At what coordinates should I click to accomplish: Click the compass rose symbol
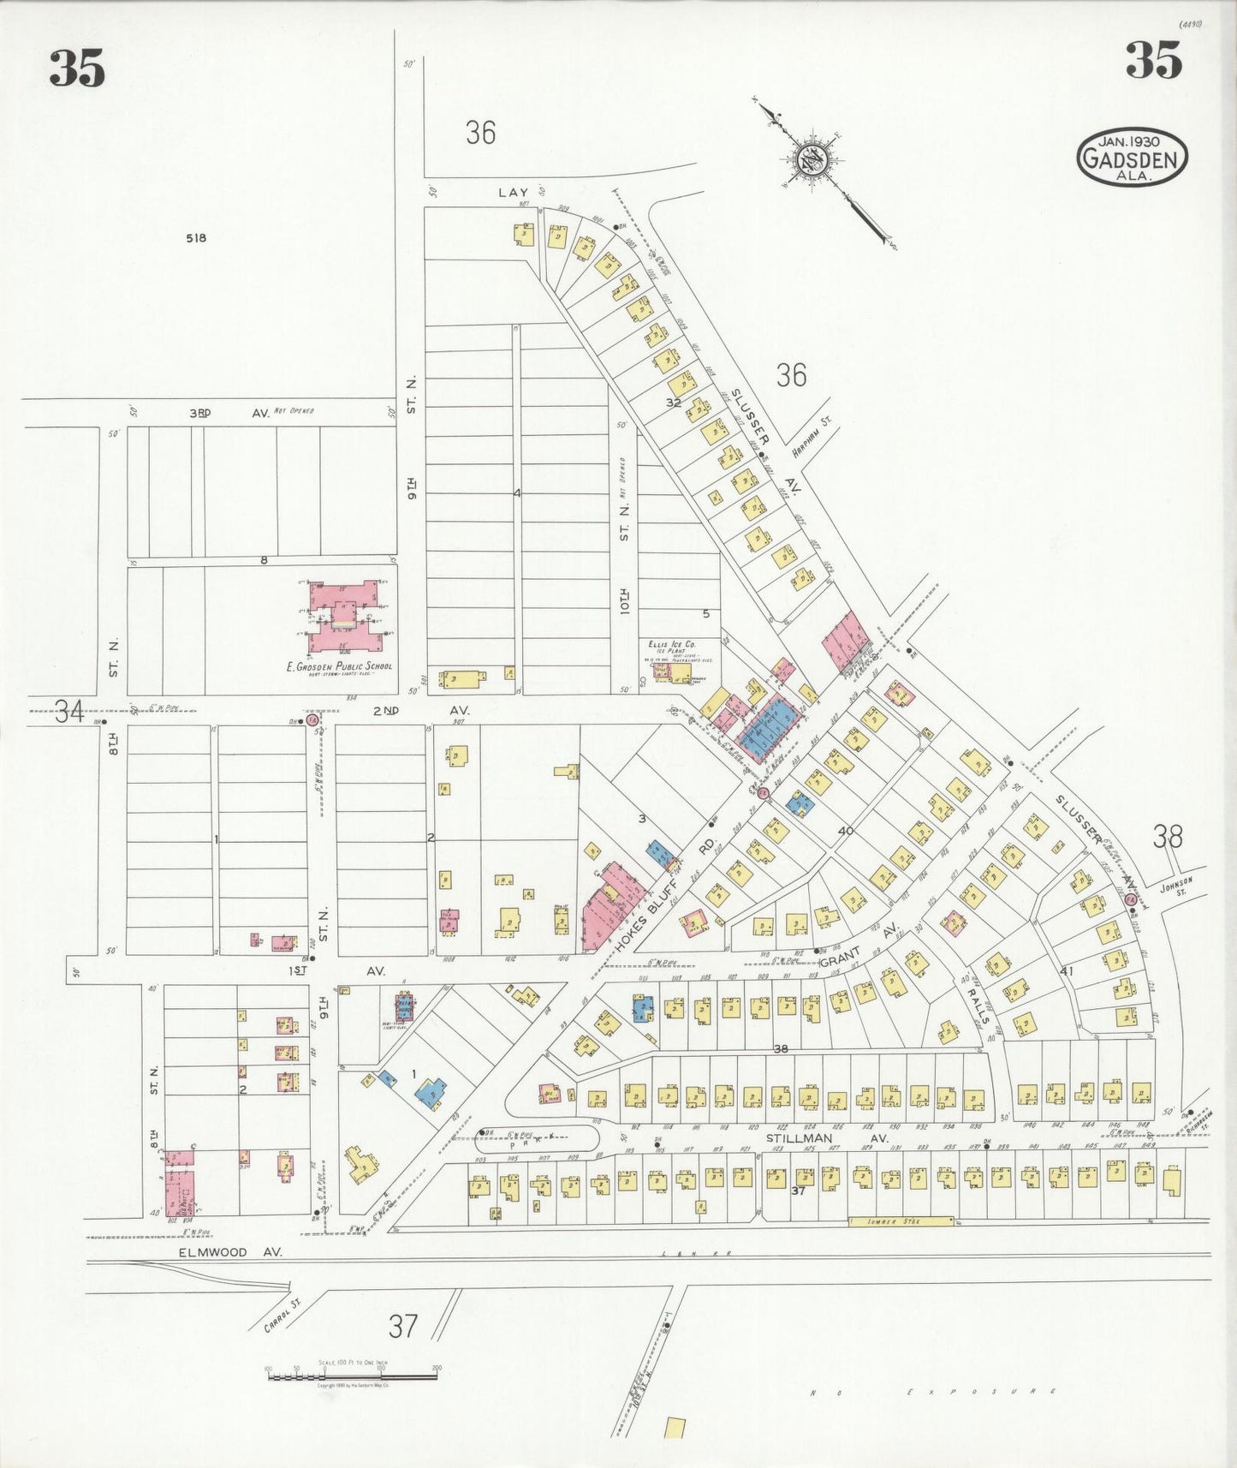(x=809, y=159)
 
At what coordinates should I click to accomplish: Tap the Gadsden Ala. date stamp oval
(x=1132, y=157)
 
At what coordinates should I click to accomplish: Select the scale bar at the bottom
(x=352, y=1376)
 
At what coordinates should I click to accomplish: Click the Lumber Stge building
(x=901, y=1221)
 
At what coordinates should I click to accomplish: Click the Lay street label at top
(x=514, y=192)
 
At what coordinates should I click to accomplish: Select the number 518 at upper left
(x=195, y=238)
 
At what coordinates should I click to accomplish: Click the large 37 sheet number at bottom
(x=402, y=1326)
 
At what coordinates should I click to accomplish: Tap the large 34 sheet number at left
(x=69, y=711)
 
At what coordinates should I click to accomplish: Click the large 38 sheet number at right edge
(x=1168, y=835)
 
